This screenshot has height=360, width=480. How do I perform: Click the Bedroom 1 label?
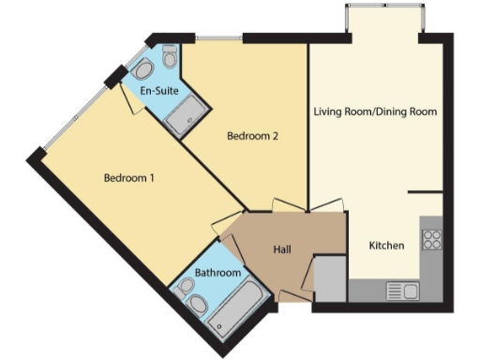[x=129, y=178]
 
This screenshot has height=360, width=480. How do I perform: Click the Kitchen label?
[x=386, y=246]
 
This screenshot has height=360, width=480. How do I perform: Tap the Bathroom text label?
[x=217, y=273]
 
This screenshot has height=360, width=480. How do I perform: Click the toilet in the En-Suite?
[x=170, y=58]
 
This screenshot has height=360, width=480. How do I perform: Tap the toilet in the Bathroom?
[x=198, y=306]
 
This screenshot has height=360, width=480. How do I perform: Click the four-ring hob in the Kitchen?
[x=432, y=239]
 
